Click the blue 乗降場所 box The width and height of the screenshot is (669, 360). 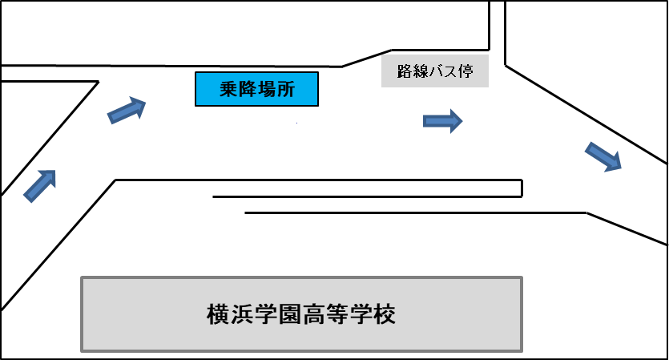257,89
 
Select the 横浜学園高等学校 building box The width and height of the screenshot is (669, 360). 302,313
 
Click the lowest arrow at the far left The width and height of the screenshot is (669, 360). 40,185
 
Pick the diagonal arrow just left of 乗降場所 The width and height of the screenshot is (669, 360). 127,111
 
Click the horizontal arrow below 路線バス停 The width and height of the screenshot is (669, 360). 442,121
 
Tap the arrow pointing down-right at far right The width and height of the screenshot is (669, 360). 604,156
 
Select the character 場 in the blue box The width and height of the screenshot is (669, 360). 267,89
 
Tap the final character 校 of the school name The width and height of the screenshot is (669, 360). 385,313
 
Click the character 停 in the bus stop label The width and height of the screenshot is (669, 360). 465,72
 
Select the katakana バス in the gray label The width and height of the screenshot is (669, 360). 441,72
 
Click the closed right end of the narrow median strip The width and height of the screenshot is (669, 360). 521,188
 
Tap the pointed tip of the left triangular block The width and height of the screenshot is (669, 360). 97,82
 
